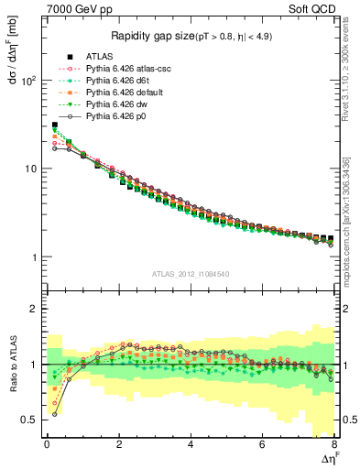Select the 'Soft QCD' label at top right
click(x=314, y=8)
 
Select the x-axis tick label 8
click(x=334, y=444)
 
